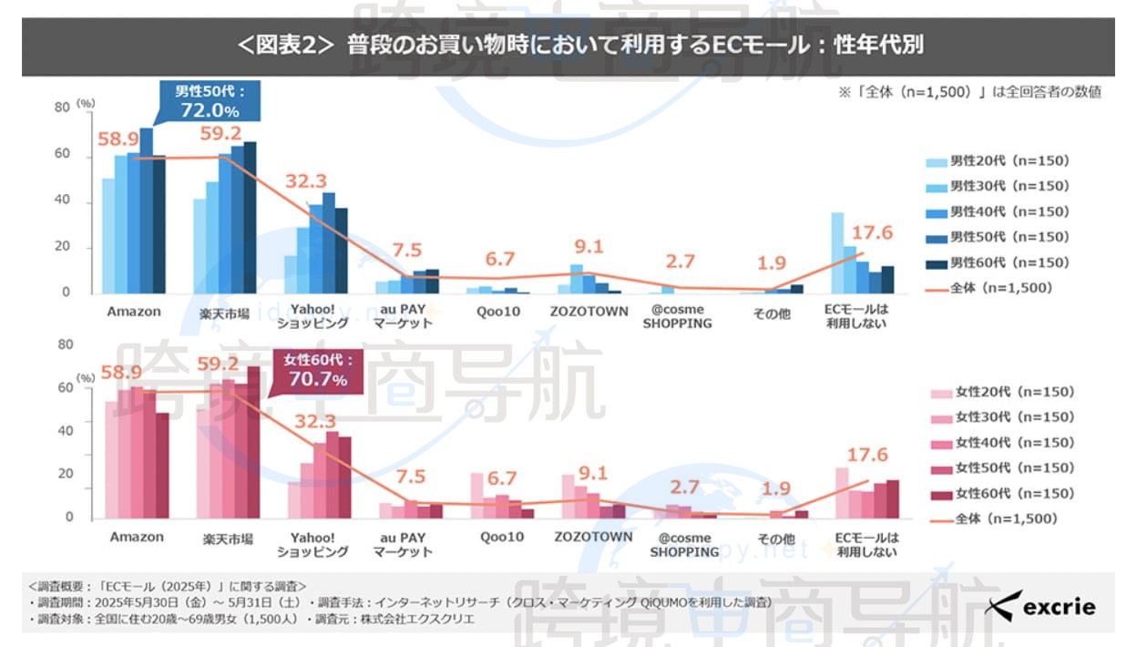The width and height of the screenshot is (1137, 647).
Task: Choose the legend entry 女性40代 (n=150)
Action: click(x=1002, y=443)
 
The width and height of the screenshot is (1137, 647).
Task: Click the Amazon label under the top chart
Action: click(x=134, y=312)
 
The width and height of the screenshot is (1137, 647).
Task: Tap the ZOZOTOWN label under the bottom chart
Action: click(x=593, y=537)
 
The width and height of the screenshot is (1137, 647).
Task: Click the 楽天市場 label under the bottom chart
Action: click(x=227, y=538)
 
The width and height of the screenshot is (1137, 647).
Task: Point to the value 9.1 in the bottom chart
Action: click(x=592, y=474)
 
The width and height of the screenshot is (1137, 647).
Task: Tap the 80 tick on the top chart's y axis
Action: click(x=62, y=108)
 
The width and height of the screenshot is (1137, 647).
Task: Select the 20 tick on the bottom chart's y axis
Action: click(x=66, y=474)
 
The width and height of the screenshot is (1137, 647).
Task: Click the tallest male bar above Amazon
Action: click(x=146, y=211)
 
